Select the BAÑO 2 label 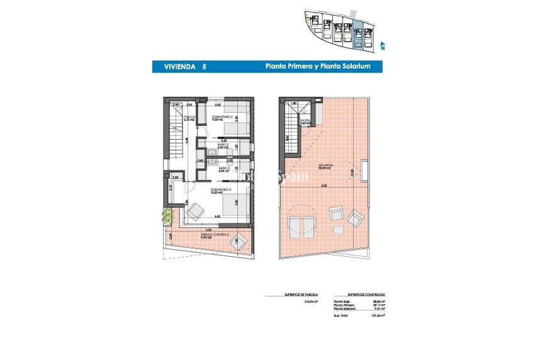224,169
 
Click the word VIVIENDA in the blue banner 177,66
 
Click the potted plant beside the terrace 167,216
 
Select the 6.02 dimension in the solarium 324,186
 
